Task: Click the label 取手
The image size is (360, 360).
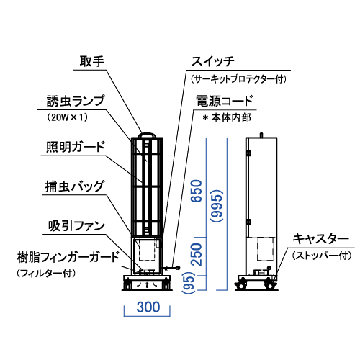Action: coord(92,61)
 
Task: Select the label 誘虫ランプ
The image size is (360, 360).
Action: coord(76,101)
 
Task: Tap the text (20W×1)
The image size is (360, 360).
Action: coord(68,117)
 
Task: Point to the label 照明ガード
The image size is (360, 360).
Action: coord(76,146)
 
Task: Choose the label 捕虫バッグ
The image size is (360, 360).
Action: coord(75,186)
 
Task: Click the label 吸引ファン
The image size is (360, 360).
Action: coord(76,226)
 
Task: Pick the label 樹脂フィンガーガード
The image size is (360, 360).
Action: coord(68,257)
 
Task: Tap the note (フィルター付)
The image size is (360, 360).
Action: coord(46,274)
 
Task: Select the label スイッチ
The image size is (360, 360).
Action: coord(212,61)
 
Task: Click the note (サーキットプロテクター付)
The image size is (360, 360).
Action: coord(238,79)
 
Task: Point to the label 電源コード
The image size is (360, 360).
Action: coord(225,101)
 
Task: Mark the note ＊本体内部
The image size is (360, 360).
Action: coord(227,117)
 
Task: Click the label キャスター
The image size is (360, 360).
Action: coord(320,239)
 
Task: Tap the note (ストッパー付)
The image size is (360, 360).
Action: coord(322,256)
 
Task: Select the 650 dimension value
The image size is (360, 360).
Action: coord(197,191)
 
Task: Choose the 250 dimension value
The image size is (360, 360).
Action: coord(197,254)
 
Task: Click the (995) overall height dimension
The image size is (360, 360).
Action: coord(217,207)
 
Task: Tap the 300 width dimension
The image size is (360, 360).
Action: coord(148,307)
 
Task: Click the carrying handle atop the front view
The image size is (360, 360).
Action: coord(147,133)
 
